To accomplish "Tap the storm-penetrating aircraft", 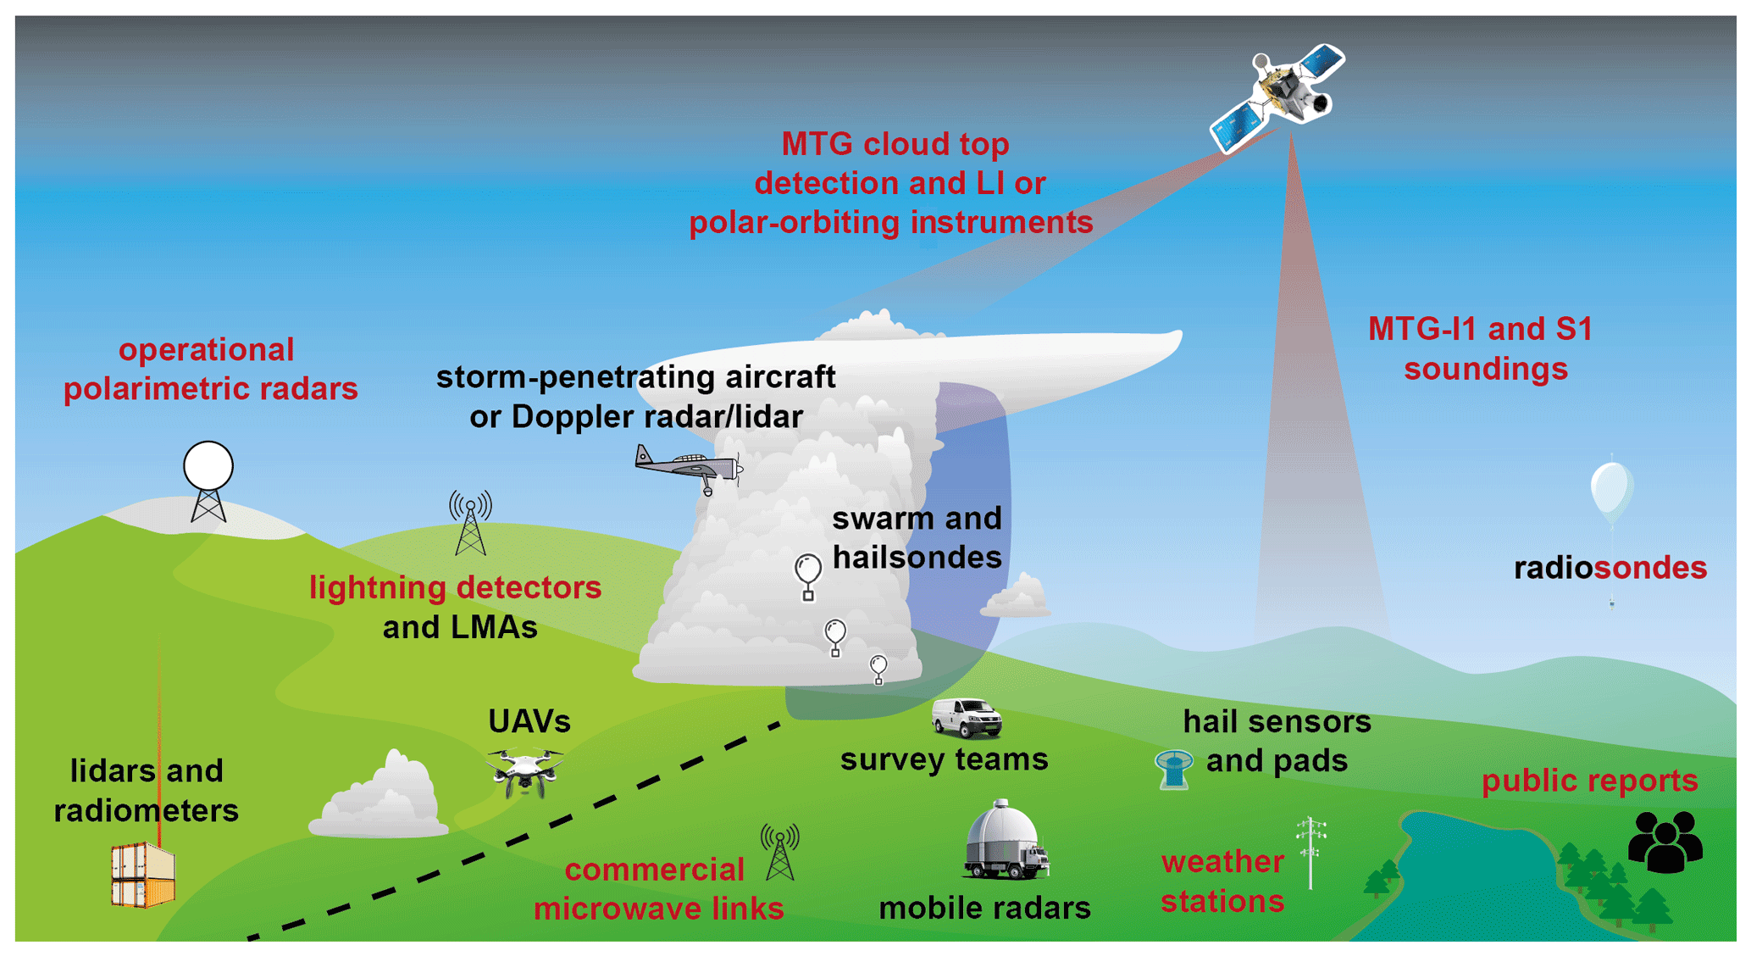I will click(686, 469).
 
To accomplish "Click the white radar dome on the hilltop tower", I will click(208, 466).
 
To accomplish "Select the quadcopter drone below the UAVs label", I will click(525, 770).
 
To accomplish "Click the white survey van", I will click(967, 718).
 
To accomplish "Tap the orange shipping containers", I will click(143, 875).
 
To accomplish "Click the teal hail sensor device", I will click(1174, 769).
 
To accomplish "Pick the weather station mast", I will click(1310, 852).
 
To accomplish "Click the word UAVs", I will click(529, 722).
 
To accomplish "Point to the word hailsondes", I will click(917, 558).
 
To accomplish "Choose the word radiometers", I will click(146, 811).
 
